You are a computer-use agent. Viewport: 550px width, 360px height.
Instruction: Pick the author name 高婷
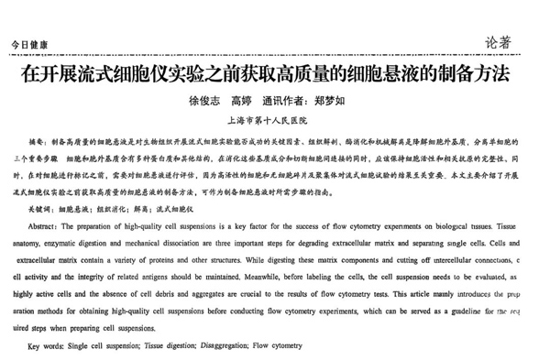[x=243, y=101]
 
